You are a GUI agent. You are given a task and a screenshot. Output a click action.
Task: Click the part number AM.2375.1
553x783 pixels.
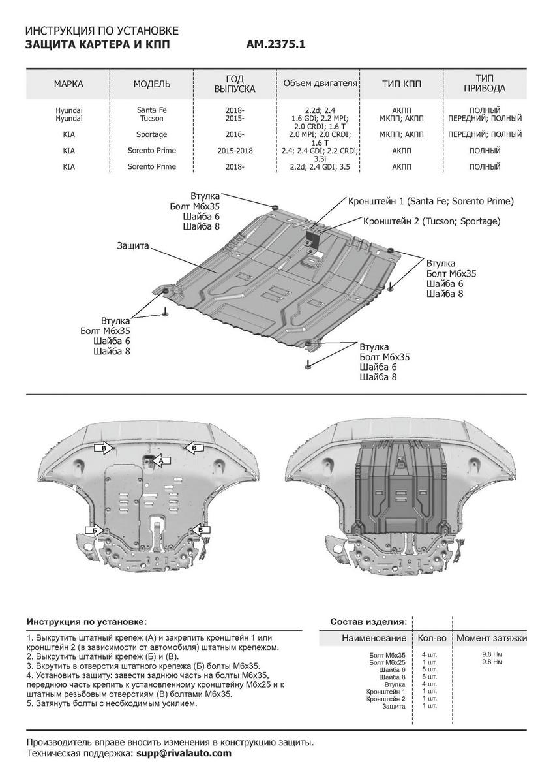pyautogui.click(x=276, y=45)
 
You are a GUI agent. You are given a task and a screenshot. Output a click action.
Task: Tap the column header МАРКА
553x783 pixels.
pyautogui.click(x=68, y=84)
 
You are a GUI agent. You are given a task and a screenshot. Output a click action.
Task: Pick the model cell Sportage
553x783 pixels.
pyautogui.click(x=151, y=134)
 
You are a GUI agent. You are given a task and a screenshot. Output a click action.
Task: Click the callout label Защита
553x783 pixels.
pyautogui.click(x=133, y=246)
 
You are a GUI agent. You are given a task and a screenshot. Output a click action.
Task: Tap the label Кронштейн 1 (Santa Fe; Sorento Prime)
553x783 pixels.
pyautogui.click(x=431, y=200)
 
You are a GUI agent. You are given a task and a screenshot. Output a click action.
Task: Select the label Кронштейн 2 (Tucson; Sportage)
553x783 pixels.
pyautogui.click(x=431, y=221)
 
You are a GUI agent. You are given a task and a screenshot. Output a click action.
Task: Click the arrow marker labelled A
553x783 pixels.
pyautogui.click(x=160, y=461)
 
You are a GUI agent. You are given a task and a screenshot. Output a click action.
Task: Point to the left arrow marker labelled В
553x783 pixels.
pyautogui.click(x=104, y=448)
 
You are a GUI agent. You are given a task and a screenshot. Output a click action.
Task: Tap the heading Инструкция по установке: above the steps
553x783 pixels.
pyautogui.click(x=87, y=622)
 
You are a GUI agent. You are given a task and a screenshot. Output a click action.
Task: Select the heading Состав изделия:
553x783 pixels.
pyautogui.click(x=368, y=622)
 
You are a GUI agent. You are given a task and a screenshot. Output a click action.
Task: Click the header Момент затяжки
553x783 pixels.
pyautogui.click(x=491, y=638)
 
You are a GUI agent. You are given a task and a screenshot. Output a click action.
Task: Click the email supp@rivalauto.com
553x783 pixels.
pyautogui.click(x=183, y=753)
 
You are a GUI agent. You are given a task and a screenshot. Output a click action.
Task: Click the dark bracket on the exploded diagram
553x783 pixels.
pyautogui.click(x=314, y=234)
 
